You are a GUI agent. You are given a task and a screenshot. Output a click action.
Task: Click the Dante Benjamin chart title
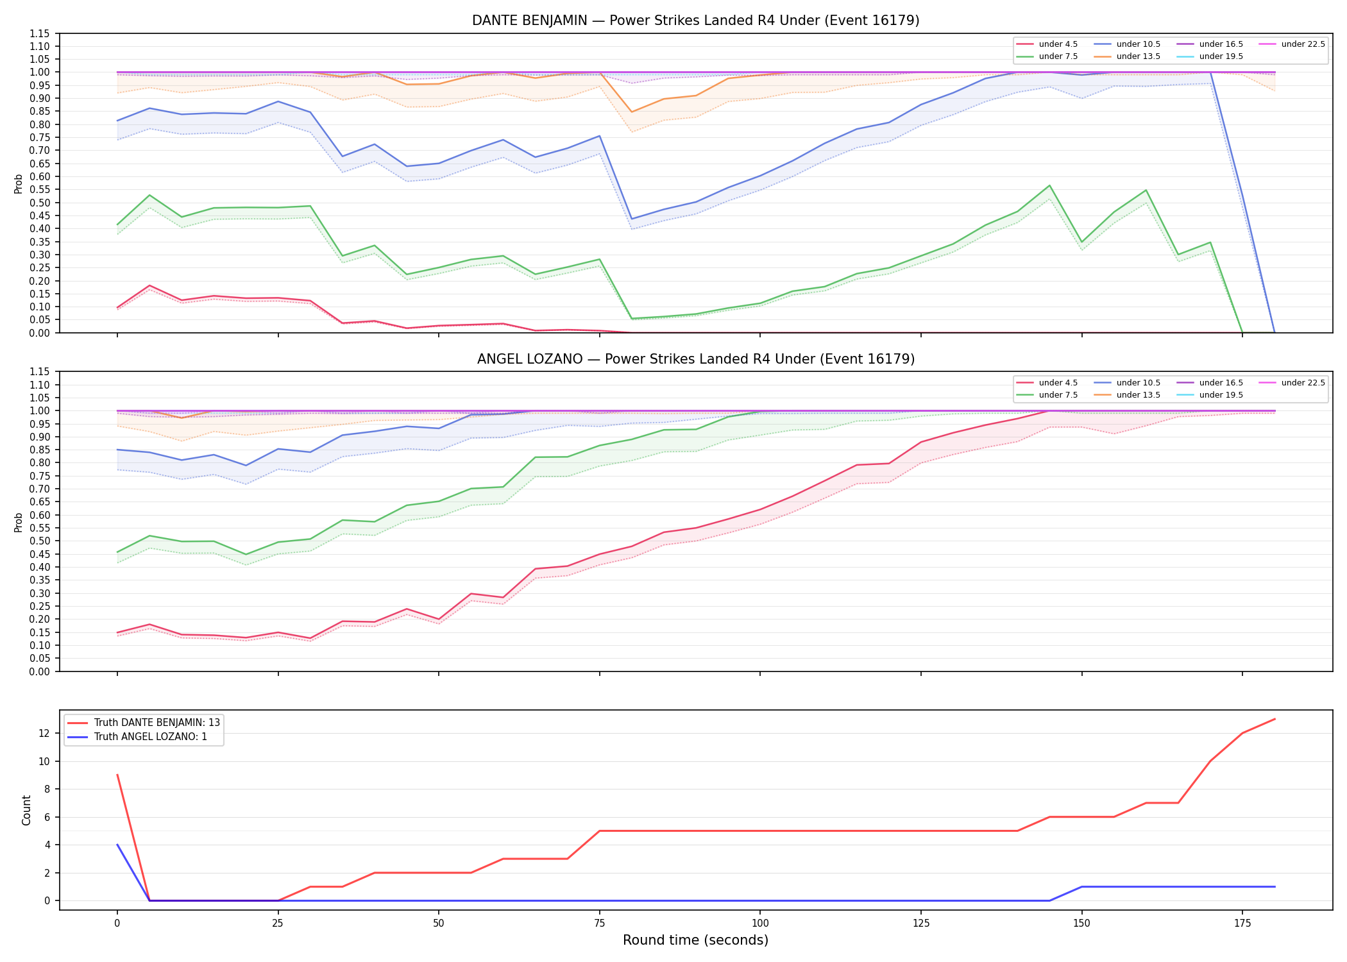(695, 21)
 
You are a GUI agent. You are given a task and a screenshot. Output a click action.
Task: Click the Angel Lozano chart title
(695, 359)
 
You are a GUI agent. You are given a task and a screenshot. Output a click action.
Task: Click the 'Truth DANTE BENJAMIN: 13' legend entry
(144, 722)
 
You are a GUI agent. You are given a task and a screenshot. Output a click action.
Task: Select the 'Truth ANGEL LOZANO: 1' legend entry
(137, 737)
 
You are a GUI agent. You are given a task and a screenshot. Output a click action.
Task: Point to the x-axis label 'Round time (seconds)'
(695, 940)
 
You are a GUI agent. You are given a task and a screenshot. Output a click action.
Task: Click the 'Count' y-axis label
(26, 810)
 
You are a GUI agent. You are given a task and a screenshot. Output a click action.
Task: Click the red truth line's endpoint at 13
(1275, 719)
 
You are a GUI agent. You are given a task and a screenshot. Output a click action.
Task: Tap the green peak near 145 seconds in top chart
(1049, 185)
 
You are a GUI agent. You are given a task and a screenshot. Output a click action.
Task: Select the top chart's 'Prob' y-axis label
(19, 183)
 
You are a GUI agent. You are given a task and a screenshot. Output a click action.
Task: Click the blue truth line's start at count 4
(117, 845)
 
